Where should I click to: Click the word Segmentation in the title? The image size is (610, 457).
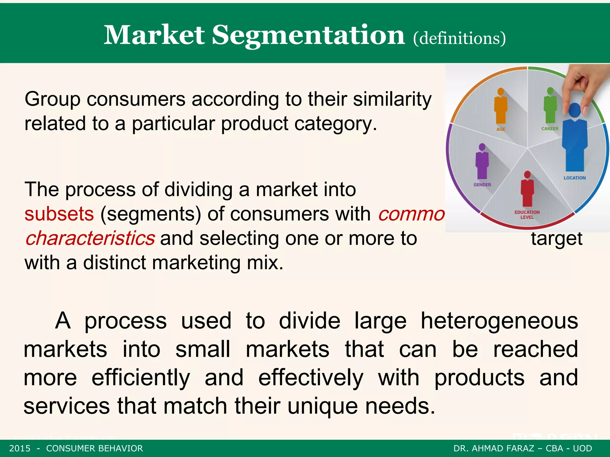point(308,36)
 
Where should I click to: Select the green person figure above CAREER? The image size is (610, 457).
point(550,106)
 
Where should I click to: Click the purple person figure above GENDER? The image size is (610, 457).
point(482,162)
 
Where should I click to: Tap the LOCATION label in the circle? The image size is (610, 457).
point(575,178)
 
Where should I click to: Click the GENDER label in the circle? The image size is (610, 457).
point(482,185)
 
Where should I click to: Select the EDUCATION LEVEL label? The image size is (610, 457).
point(527,215)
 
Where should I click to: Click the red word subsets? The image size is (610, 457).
point(59,214)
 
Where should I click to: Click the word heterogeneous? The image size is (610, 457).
point(499,321)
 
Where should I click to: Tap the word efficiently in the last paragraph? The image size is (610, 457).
point(141,378)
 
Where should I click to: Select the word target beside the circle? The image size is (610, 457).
point(556,239)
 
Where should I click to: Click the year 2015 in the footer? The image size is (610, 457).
point(20,448)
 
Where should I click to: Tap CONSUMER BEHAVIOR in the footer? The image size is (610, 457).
point(94,448)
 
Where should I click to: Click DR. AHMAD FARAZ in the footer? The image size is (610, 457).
point(494,448)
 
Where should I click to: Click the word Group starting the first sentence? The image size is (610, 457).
point(52,99)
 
